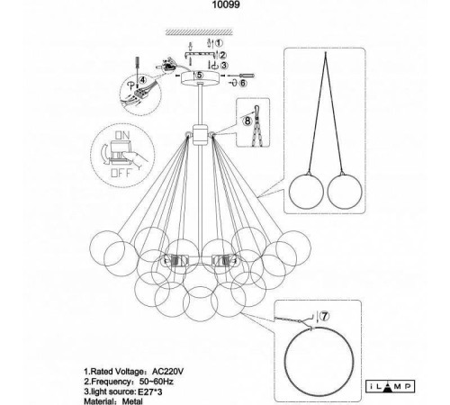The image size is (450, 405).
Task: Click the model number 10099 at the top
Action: pyautogui.click(x=226, y=4)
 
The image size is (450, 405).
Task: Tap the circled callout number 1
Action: pyautogui.click(x=220, y=43)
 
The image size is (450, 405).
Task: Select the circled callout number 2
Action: pyautogui.click(x=223, y=55)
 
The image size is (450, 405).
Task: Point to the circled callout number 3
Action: pyautogui.click(x=224, y=65)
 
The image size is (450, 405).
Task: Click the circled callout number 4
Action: pyautogui.click(x=142, y=80)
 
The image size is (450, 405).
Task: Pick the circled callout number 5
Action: pyautogui.click(x=200, y=75)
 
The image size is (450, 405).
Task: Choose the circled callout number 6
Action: pyautogui.click(x=243, y=83)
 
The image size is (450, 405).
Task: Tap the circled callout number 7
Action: pyautogui.click(x=324, y=316)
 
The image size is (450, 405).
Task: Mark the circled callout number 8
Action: pyautogui.click(x=247, y=121)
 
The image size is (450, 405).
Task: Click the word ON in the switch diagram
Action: pyautogui.click(x=122, y=135)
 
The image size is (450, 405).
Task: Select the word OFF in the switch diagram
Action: pyautogui.click(x=121, y=173)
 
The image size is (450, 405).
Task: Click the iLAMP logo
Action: pyautogui.click(x=391, y=386)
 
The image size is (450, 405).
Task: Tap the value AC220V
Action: pyautogui.click(x=167, y=372)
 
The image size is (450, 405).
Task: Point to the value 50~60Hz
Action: pyautogui.click(x=157, y=382)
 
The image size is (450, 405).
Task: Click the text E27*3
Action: pyautogui.click(x=149, y=391)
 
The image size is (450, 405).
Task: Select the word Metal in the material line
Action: pyautogui.click(x=132, y=401)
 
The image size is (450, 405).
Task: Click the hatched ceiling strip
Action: pyautogui.click(x=199, y=31)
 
